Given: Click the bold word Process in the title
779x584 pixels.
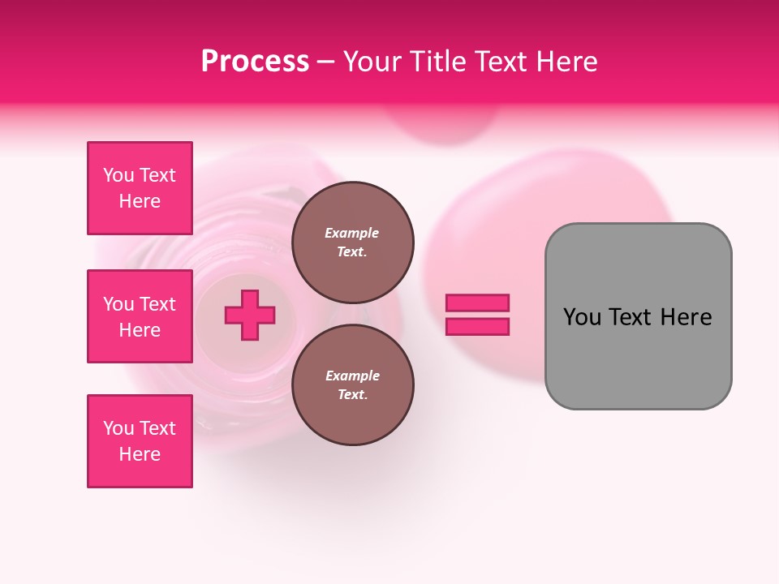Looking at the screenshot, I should coord(255,62).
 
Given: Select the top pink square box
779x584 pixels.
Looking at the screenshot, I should coord(140,188).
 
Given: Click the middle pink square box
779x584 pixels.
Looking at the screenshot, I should coord(140,316).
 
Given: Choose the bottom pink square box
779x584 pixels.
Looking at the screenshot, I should coord(140,441).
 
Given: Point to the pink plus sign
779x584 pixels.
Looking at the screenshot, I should coord(250,315).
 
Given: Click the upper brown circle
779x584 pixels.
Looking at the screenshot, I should coord(352,243).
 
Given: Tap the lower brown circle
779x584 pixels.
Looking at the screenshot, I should coord(352,385).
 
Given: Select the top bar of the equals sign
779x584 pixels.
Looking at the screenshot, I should coord(478,303).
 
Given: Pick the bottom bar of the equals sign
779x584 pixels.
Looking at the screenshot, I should coord(478,327).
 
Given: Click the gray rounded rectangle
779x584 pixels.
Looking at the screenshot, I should coord(638,316).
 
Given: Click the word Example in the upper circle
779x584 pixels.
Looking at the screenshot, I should coord(352,233).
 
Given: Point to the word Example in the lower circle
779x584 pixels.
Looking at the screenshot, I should coord(352,376).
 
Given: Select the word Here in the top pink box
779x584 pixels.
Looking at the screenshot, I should coord(140,201).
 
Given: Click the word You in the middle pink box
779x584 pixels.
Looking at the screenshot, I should coord(117,304).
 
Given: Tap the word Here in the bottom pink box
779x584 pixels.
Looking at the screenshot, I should coord(140,454).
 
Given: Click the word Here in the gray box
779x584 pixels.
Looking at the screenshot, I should coord(686,317).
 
